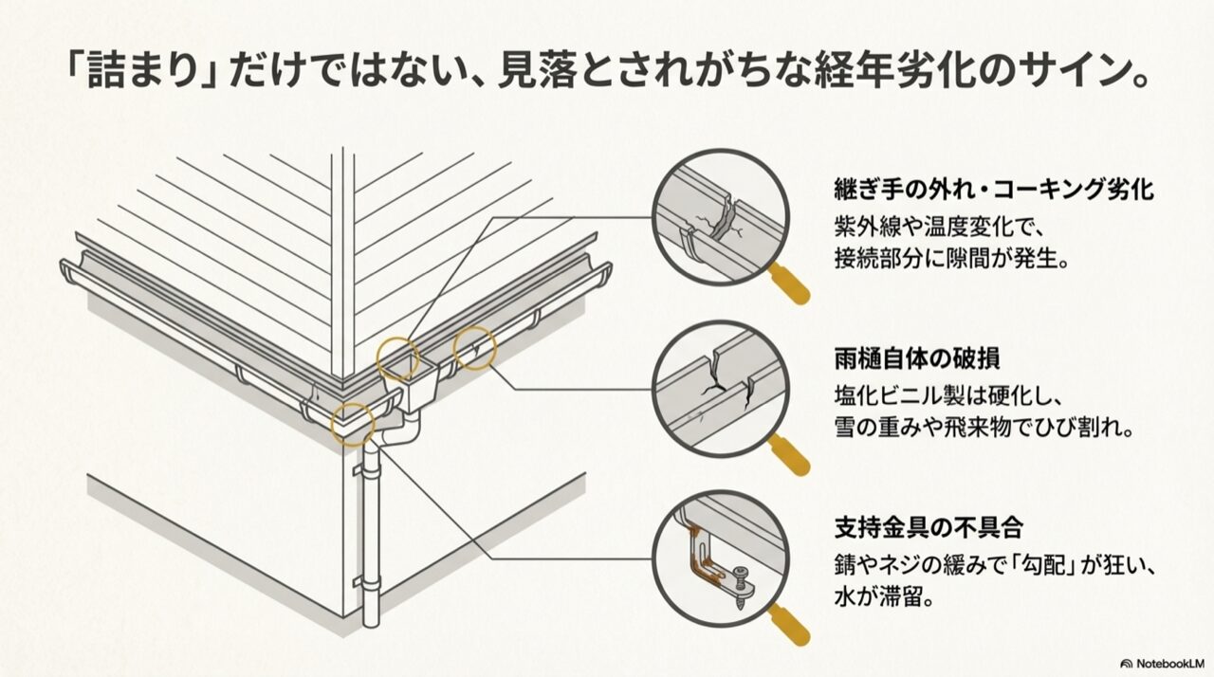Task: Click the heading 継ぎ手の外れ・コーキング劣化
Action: (x=993, y=190)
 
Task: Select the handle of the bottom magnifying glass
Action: (x=789, y=624)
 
